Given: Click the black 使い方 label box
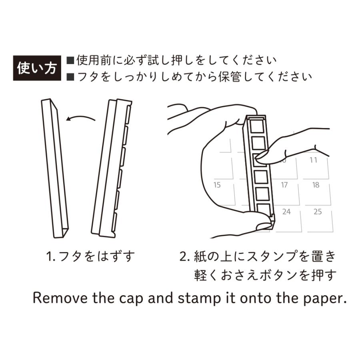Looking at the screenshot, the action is point(37,68).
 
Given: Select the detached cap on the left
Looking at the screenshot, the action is point(55,168).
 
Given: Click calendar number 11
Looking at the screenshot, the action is point(313,160).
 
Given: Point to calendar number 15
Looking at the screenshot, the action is point(217,185).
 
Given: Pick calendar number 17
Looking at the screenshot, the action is point(284,185).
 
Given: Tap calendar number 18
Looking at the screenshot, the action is point(316,185).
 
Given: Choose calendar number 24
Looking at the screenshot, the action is point(286,212).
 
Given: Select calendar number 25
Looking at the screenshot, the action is point(318,212).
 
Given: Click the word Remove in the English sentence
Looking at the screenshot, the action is point(60,298).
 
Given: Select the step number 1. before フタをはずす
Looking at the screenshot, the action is point(51,256).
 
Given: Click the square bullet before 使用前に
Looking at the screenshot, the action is point(70,60).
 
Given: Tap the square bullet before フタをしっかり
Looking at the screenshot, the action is point(70,77).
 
